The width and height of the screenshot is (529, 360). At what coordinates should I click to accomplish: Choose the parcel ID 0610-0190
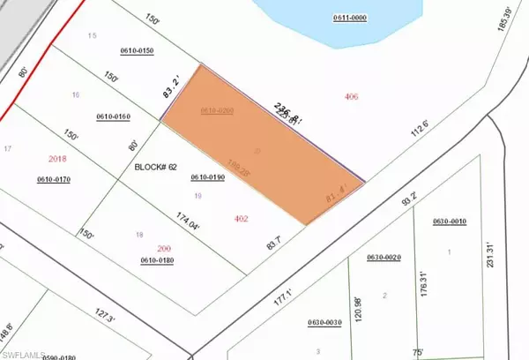click(x=209, y=178)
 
